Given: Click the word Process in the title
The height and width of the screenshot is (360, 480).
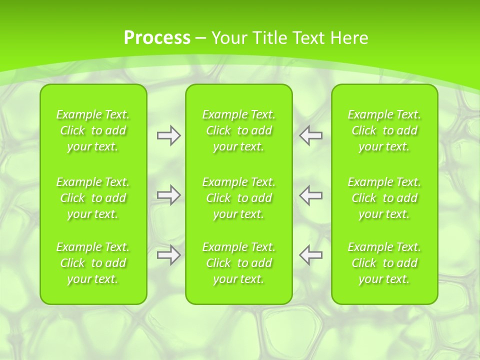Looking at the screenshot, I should [x=157, y=38].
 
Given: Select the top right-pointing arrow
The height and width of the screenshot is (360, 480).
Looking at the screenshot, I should [x=168, y=135].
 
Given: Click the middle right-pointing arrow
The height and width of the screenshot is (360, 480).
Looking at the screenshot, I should [x=168, y=195].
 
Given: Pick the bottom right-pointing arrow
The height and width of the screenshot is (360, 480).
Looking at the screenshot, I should [x=168, y=255].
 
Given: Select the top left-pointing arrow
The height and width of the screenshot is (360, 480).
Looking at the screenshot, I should [x=311, y=135].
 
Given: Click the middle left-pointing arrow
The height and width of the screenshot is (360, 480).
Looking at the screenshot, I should [x=311, y=195].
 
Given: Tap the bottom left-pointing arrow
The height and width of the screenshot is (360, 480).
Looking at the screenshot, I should [x=311, y=255].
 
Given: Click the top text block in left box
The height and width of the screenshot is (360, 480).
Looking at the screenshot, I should [x=93, y=130].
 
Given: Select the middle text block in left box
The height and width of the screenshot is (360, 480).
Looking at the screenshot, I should [x=93, y=198].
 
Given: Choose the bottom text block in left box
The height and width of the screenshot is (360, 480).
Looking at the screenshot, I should [x=93, y=263].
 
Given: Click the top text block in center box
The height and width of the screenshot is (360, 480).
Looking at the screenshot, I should [x=239, y=130].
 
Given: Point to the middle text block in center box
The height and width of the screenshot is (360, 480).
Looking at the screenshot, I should [x=239, y=198].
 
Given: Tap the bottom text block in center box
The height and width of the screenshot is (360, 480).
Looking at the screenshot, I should [x=239, y=263].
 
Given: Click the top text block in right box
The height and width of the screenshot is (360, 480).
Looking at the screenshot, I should [x=384, y=130].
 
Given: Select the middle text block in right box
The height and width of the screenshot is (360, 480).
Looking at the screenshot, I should [x=384, y=198].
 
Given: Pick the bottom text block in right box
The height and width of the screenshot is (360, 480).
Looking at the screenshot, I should [x=384, y=263].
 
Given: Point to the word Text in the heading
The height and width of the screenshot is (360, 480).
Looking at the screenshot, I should [x=308, y=38].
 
